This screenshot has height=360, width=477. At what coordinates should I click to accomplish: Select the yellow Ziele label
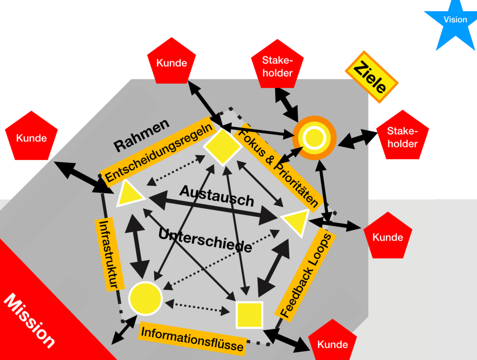[x=371, y=77]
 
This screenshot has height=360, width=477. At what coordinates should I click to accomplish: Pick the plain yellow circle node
[x=145, y=298]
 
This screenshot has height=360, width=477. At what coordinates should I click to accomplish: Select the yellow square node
[x=249, y=314]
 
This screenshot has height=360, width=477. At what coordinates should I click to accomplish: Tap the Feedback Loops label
[x=307, y=275]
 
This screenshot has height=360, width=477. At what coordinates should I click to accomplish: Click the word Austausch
[x=217, y=195]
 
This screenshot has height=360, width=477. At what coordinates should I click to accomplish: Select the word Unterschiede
[x=205, y=240]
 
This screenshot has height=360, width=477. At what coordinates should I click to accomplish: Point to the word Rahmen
[x=141, y=135]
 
